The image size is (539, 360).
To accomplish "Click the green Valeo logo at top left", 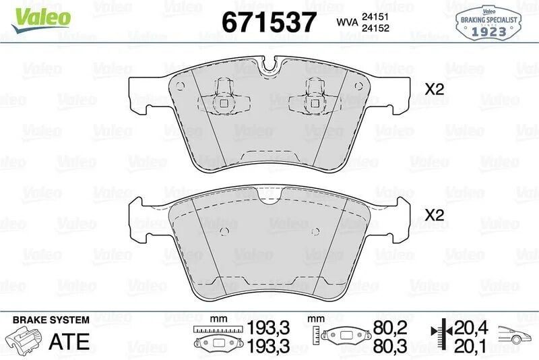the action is click(x=41, y=20).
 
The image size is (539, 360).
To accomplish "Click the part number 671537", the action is click(x=269, y=22).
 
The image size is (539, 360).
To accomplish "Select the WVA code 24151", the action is click(x=375, y=16).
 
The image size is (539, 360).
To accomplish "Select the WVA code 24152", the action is click(x=375, y=28).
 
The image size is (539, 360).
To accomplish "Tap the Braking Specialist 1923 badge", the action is click(x=488, y=23).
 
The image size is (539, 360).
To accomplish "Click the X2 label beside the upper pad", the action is click(x=435, y=90).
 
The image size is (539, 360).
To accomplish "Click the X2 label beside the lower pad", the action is click(x=435, y=215).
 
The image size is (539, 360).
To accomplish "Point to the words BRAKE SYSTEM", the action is click(x=51, y=320).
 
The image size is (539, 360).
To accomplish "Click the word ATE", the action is click(x=69, y=341).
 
